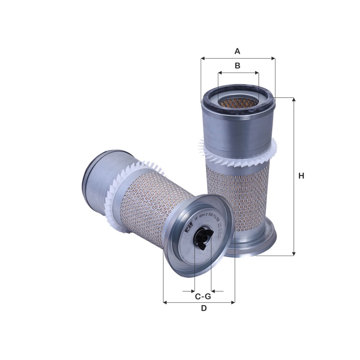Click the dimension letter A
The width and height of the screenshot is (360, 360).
(237, 51)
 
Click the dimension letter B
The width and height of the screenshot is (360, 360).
(238, 66)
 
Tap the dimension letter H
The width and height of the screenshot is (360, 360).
(301, 175)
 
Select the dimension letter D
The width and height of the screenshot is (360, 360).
(203, 309)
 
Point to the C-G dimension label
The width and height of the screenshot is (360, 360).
(203, 297)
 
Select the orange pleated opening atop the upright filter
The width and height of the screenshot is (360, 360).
(238, 103)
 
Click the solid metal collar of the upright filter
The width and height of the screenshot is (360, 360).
(237, 128)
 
